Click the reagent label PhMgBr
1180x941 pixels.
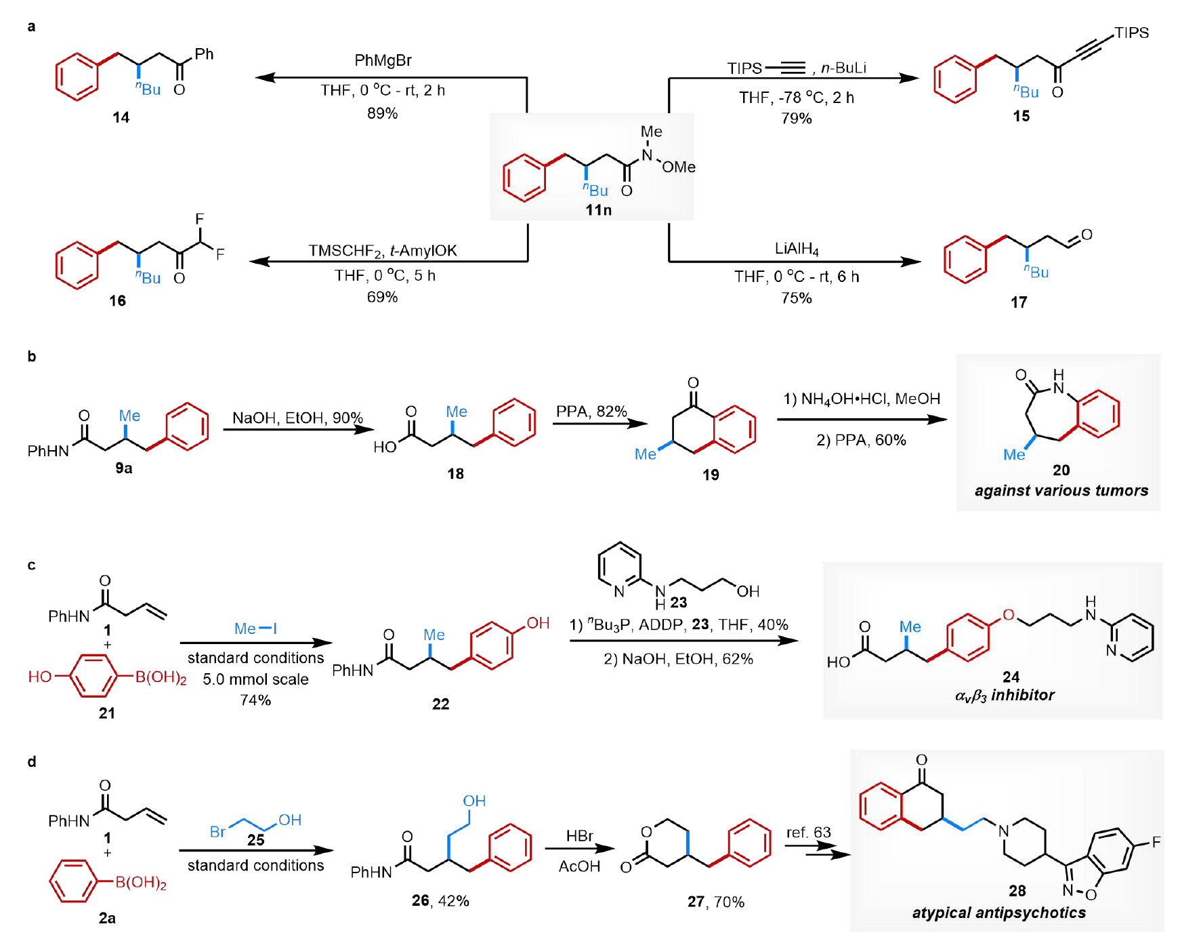(x=383, y=60)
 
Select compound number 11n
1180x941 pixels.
(x=598, y=210)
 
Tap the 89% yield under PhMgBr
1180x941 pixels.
(x=383, y=113)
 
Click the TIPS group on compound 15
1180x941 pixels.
(x=1131, y=33)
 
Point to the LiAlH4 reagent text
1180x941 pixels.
(x=797, y=249)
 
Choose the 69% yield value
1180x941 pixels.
(x=383, y=297)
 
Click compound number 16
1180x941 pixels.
(x=118, y=301)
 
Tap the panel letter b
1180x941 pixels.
(x=32, y=357)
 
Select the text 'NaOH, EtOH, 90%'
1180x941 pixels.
(x=297, y=418)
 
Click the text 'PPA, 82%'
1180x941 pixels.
(x=591, y=412)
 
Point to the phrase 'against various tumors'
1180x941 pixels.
(x=1061, y=490)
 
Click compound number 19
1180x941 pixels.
(x=711, y=475)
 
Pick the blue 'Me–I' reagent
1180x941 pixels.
(x=255, y=628)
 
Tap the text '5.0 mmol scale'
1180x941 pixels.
(x=255, y=679)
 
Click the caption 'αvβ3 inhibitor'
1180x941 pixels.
(x=1005, y=696)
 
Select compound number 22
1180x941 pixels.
(x=440, y=704)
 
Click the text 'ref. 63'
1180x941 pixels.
(x=808, y=833)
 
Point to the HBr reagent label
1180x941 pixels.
(x=579, y=836)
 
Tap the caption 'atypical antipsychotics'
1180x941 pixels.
(x=998, y=913)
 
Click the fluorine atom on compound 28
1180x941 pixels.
(x=1156, y=842)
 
